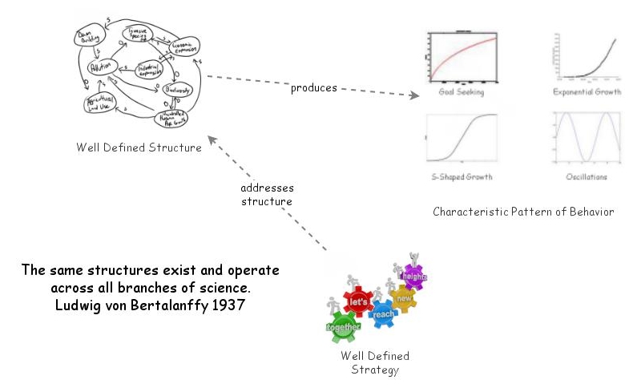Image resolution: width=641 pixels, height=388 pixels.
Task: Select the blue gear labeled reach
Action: (x=385, y=313)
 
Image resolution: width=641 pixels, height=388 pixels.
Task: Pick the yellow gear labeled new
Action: (x=403, y=298)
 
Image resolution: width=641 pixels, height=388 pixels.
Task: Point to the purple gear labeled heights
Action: (x=415, y=277)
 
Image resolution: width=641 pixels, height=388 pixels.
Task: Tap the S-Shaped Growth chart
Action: (x=462, y=138)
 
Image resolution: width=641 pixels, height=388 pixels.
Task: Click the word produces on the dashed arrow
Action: (x=313, y=87)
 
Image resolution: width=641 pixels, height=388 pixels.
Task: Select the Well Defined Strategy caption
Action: (x=375, y=362)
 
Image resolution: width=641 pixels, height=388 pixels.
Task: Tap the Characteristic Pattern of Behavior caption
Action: (x=523, y=212)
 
